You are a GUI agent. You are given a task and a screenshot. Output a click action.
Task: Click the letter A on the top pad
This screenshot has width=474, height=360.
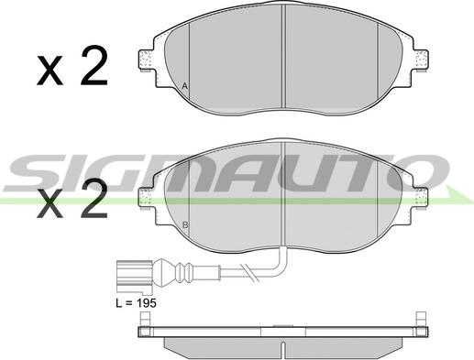184,86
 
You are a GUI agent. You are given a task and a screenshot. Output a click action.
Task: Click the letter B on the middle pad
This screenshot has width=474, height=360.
185,225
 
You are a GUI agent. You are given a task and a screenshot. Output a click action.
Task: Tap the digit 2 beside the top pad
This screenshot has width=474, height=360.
94,65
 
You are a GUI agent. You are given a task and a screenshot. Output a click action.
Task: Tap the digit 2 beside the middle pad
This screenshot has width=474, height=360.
94,198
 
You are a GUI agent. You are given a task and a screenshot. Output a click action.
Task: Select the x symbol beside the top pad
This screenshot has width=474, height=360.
50,71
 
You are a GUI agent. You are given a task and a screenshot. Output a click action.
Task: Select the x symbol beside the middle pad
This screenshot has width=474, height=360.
50,203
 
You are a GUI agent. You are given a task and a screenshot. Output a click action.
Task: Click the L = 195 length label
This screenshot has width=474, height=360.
136,303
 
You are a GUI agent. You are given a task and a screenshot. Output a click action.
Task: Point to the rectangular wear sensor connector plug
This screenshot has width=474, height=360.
135,274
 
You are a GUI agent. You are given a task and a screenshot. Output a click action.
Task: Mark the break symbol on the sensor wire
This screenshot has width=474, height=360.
249,272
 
